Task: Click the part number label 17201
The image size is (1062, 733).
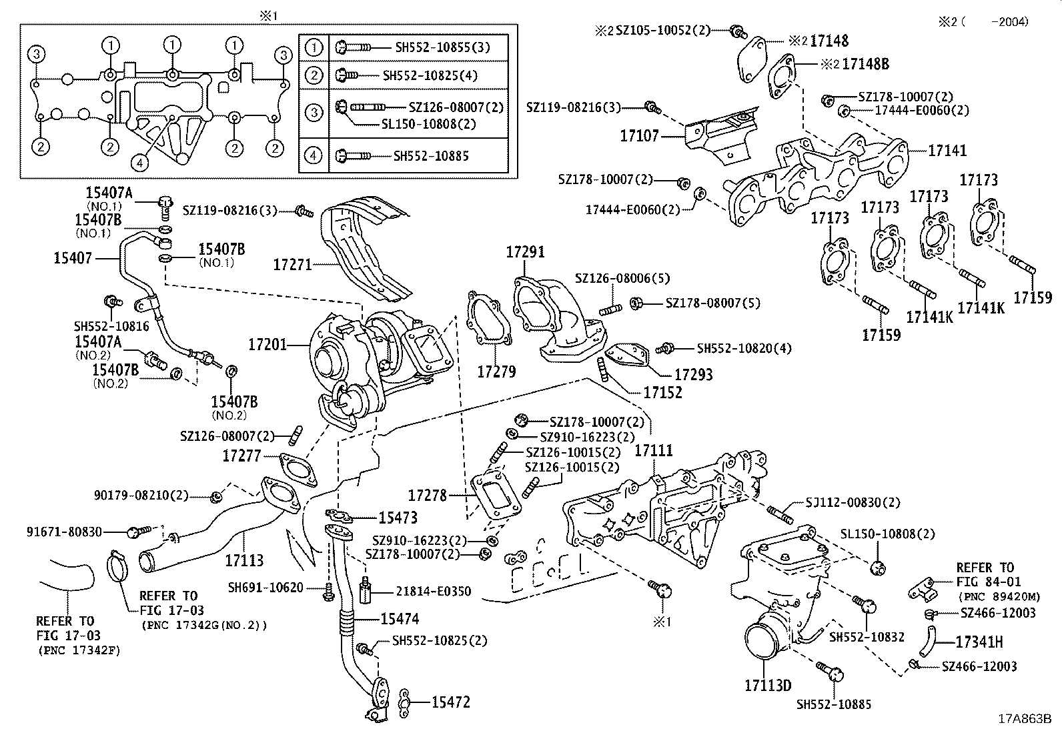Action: tap(267, 345)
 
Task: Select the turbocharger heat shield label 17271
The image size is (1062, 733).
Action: tap(292, 265)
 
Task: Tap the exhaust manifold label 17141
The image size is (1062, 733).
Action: tap(947, 151)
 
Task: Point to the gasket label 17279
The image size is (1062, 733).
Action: tap(496, 372)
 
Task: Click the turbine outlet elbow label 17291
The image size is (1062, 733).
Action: tap(525, 252)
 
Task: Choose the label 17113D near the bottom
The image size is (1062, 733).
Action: tap(768, 685)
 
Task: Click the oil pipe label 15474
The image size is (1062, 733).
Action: tap(400, 619)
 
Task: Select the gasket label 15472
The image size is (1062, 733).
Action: tap(450, 702)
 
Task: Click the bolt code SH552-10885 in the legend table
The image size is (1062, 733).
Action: tap(431, 156)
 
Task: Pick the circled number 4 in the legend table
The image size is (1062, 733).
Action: tap(314, 155)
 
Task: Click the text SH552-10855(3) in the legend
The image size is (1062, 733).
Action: tap(442, 47)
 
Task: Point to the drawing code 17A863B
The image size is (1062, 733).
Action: tap(1024, 720)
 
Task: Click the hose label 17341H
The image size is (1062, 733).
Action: tap(979, 642)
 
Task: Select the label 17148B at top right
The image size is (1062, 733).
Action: tap(865, 64)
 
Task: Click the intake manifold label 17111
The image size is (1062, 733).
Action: tap(653, 452)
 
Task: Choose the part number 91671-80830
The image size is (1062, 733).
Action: tap(65, 532)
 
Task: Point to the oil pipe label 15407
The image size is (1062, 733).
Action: tap(73, 257)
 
